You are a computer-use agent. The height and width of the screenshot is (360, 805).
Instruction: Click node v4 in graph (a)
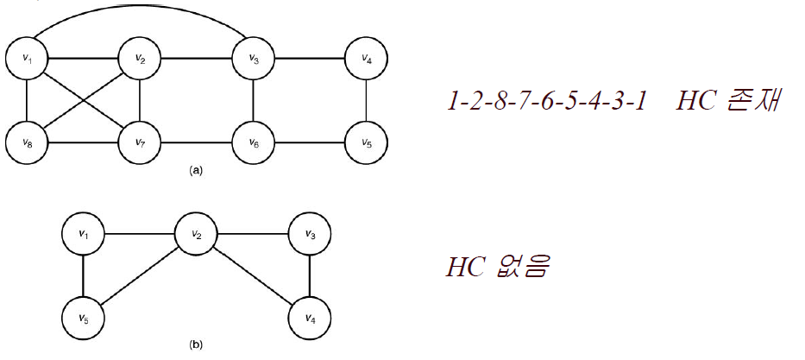[367, 60]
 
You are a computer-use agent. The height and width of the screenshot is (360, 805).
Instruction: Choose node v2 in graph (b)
[197, 233]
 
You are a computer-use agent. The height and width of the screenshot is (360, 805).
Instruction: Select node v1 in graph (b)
[84, 233]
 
